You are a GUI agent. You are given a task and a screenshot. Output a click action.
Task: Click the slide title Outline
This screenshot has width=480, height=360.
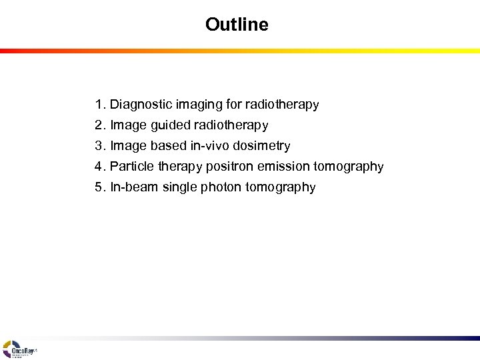pyautogui.click(x=237, y=25)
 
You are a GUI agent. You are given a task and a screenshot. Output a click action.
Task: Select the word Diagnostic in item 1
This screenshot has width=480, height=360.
pyautogui.click(x=137, y=105)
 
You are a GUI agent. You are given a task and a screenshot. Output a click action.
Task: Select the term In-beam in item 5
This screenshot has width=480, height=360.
pyautogui.click(x=131, y=187)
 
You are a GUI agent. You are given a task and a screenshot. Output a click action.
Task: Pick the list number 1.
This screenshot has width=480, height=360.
pyautogui.click(x=100, y=105)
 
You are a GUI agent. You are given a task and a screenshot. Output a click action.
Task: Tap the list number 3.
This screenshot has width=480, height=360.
pyautogui.click(x=100, y=145)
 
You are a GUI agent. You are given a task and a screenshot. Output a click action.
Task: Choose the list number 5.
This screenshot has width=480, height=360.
pyautogui.click(x=100, y=187)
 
